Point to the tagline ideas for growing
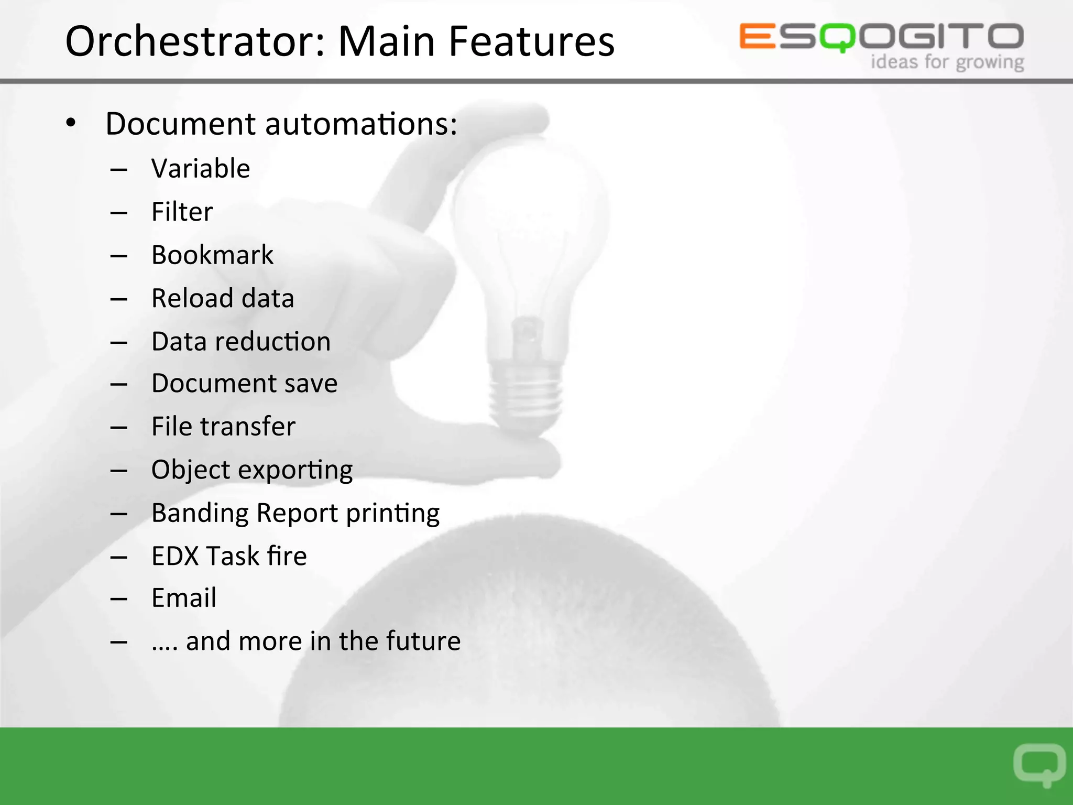947,62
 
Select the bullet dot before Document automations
71,124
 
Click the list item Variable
201,169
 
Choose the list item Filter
182,212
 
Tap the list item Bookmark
212,255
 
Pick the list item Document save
244,384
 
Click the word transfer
247,427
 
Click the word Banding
200,514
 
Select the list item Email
183,598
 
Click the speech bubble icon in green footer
1039,764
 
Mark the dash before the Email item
119,599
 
